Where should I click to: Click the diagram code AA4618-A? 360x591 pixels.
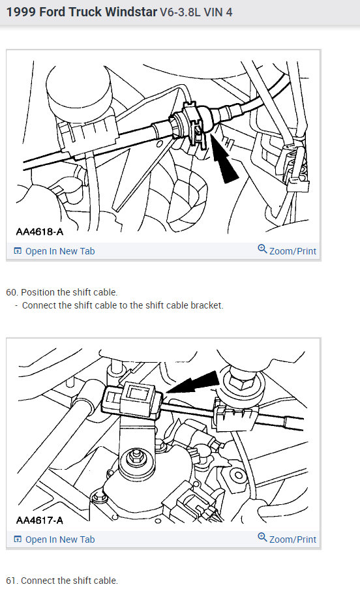click(40, 232)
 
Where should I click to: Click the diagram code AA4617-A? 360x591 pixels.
click(40, 520)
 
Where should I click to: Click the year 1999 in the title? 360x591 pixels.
click(20, 12)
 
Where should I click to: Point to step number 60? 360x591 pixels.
click(12, 292)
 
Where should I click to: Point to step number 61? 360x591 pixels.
click(12, 581)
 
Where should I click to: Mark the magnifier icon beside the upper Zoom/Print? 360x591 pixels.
click(262, 250)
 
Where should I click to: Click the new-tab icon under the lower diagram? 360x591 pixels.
click(18, 539)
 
